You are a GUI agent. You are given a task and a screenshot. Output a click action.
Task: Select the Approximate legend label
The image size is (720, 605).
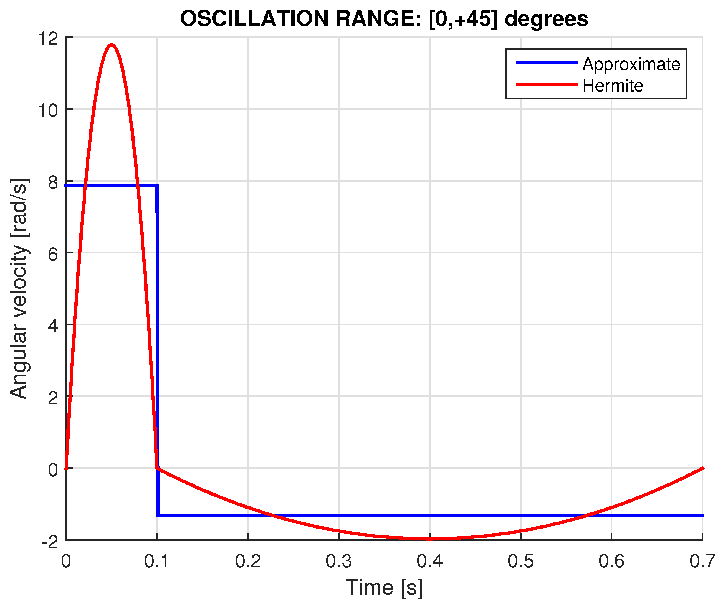pyautogui.click(x=631, y=64)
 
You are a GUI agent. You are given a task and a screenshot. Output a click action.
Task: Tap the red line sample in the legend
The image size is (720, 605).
pyautogui.click(x=547, y=84)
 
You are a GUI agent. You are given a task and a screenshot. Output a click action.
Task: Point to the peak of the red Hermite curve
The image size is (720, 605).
pyautogui.click(x=112, y=45)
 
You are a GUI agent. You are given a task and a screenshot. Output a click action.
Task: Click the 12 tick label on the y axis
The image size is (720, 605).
pyautogui.click(x=48, y=38)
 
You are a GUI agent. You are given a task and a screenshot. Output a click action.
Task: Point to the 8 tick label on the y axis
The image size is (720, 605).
pyautogui.click(x=53, y=182)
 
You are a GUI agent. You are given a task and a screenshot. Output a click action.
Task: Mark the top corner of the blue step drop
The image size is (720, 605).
pyautogui.click(x=157, y=186)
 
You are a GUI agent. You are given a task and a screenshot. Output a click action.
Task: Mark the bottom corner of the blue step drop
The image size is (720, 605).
pyautogui.click(x=158, y=515)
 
